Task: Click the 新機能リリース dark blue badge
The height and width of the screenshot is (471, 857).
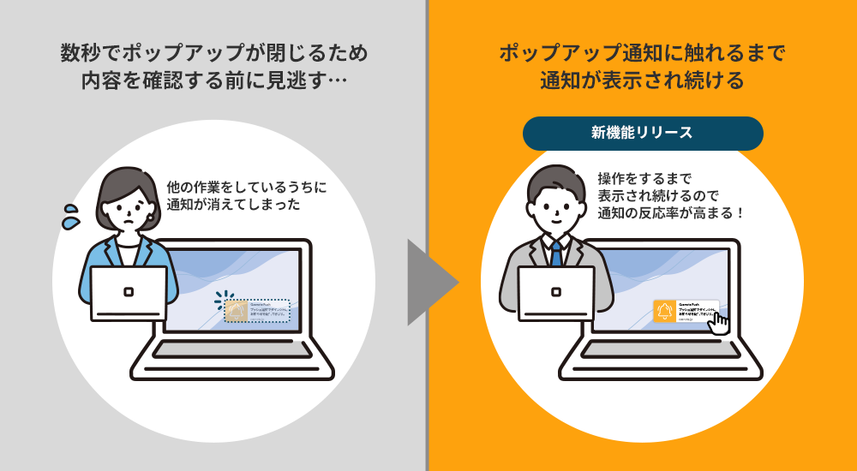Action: click(642, 133)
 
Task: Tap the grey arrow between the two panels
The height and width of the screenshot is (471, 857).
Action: click(428, 282)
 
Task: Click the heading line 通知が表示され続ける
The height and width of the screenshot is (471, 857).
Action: click(642, 82)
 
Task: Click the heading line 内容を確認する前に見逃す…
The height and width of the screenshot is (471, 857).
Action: click(214, 82)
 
